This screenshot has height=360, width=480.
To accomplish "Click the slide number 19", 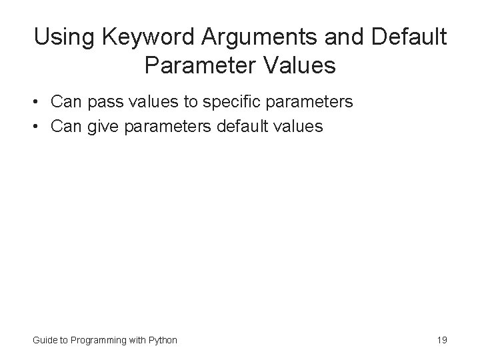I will pos(441,340).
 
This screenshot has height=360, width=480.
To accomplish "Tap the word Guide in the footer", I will pos(45,340).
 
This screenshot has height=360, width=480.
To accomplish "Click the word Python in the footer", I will pos(163,340).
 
